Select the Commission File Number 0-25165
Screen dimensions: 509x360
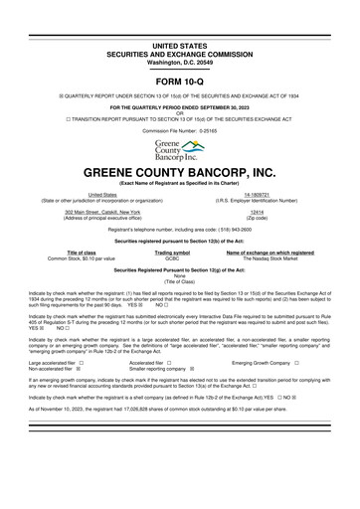pos(180,130)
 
